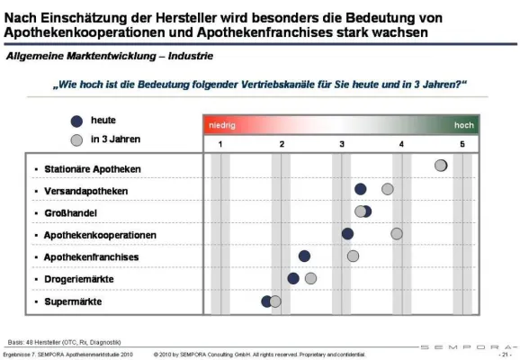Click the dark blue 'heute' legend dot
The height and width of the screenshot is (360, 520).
(76, 121)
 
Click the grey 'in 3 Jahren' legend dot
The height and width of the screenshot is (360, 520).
(76, 140)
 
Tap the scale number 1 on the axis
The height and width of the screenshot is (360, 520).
(220, 145)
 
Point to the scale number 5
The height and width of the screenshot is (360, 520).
(462, 145)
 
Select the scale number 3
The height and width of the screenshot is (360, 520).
(342, 145)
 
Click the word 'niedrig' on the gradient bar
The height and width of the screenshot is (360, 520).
(222, 126)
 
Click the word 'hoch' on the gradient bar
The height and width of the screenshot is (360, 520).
(463, 126)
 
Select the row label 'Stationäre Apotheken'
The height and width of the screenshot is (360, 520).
(93, 169)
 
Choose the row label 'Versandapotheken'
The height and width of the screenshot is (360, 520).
(85, 191)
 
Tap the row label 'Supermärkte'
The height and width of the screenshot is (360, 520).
(73, 301)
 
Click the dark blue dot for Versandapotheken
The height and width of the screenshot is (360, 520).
(361, 189)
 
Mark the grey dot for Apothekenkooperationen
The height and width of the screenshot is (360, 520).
(397, 233)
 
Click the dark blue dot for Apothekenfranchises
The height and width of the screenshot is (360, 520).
(305, 256)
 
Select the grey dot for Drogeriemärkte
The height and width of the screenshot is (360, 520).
(311, 278)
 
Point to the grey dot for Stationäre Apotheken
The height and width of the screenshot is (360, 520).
(441, 166)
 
